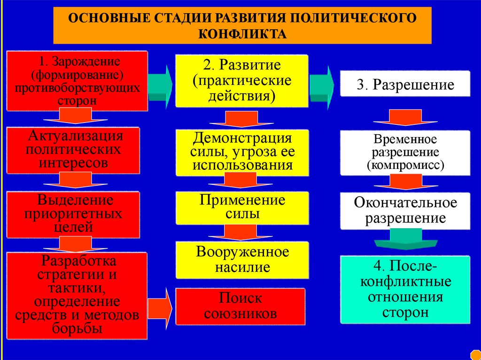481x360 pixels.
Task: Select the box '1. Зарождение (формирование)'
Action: pos(77,80)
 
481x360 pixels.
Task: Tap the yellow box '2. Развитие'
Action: pos(242,80)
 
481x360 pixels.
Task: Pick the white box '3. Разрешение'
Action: pos(404,84)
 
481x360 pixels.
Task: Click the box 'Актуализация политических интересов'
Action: pos(75,150)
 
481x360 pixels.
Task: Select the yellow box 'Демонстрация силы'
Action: pos(242,152)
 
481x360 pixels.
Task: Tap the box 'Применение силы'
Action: pos(242,207)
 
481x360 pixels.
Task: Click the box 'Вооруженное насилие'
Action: pos(242,260)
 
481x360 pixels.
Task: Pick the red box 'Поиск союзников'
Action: pos(240,306)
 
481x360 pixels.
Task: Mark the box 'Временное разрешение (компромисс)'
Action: pos(404,153)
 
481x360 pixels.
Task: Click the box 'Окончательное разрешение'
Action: pos(404,210)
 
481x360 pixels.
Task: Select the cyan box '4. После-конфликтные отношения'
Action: pos(404,290)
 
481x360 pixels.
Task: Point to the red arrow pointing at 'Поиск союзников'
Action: pos(162,306)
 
